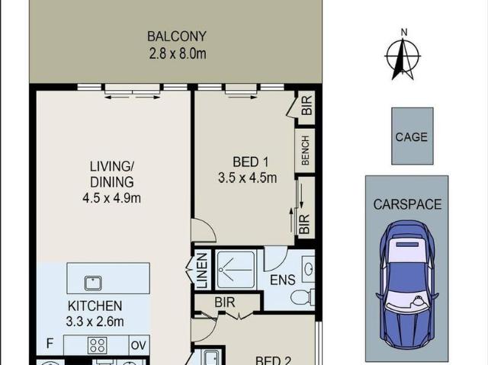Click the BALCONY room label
coord(177,37)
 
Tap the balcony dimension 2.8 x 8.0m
coord(177,53)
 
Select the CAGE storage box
coord(412,136)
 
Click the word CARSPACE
coord(406,204)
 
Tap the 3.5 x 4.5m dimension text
coord(247,178)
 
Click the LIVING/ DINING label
coord(112,174)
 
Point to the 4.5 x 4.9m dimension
coord(112,198)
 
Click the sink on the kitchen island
coord(93,281)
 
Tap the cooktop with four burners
coord(98,345)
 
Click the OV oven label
coord(138,345)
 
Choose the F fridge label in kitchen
coord(50,344)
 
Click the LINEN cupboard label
coord(202,271)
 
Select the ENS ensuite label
coord(282,280)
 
